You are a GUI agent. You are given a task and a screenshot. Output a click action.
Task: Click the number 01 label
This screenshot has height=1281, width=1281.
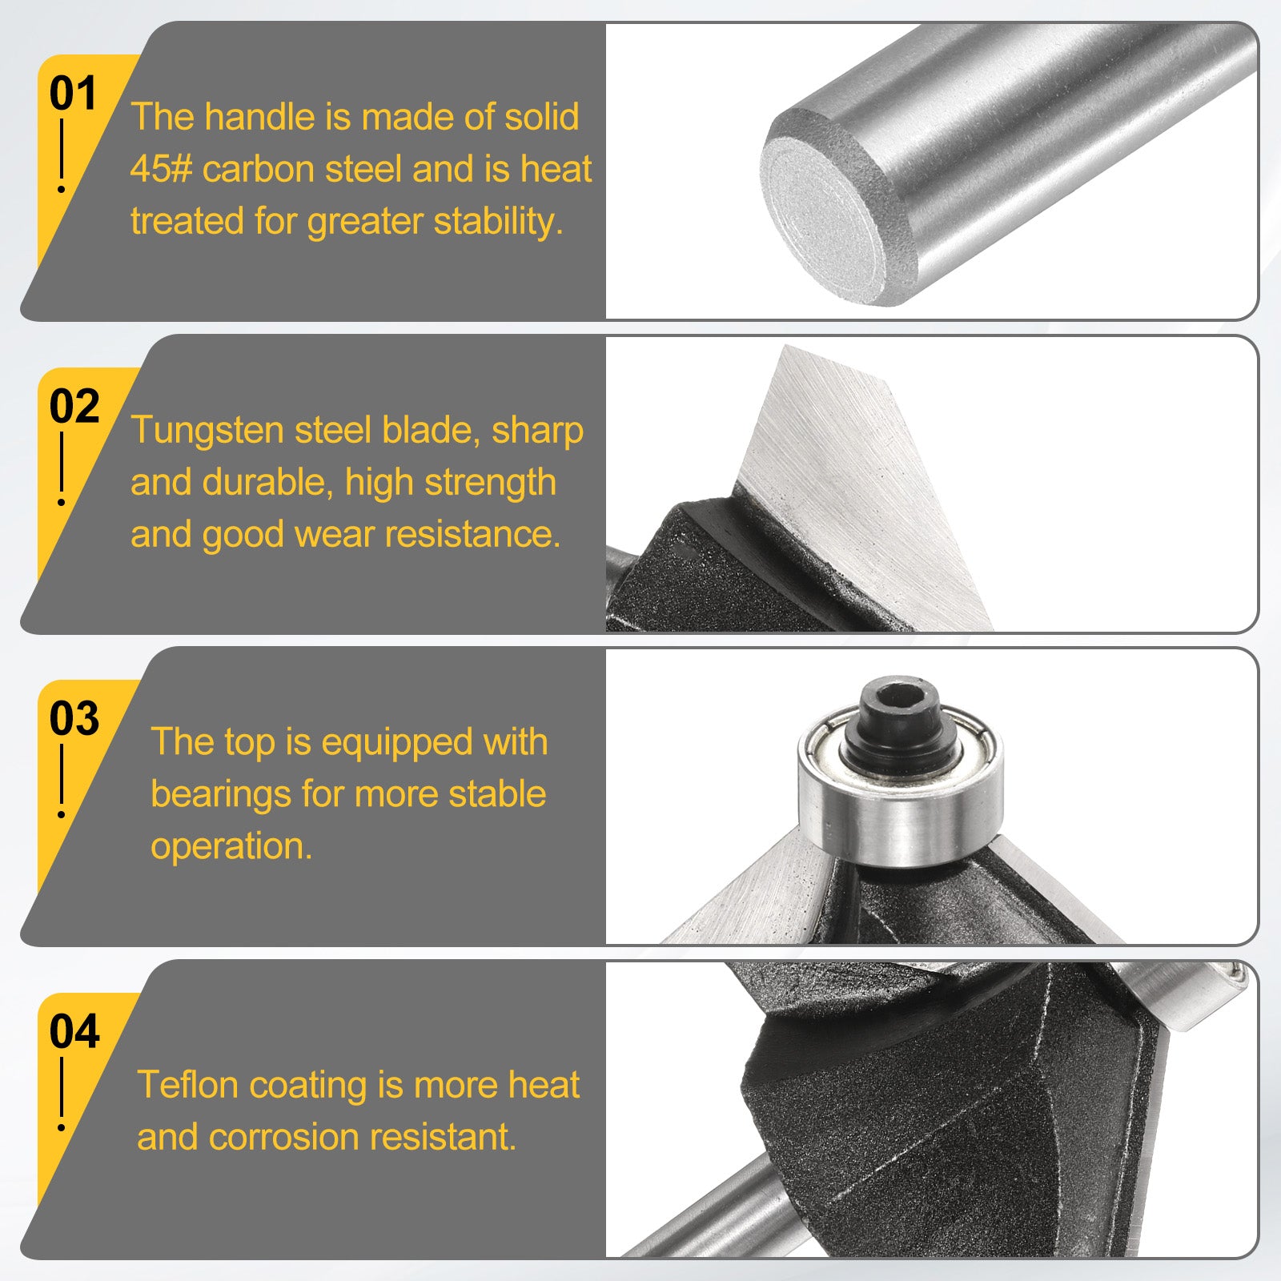(x=73, y=94)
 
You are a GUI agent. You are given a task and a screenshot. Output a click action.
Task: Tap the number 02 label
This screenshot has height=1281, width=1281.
(x=74, y=407)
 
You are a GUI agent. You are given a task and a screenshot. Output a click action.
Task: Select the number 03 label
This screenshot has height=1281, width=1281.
(x=74, y=719)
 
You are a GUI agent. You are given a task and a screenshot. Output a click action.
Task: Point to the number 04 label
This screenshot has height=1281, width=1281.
(x=74, y=1031)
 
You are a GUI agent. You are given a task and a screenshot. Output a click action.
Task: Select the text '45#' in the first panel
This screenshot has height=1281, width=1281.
(x=162, y=169)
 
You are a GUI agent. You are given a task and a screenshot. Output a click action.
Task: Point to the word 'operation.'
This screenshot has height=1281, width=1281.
(x=231, y=847)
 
